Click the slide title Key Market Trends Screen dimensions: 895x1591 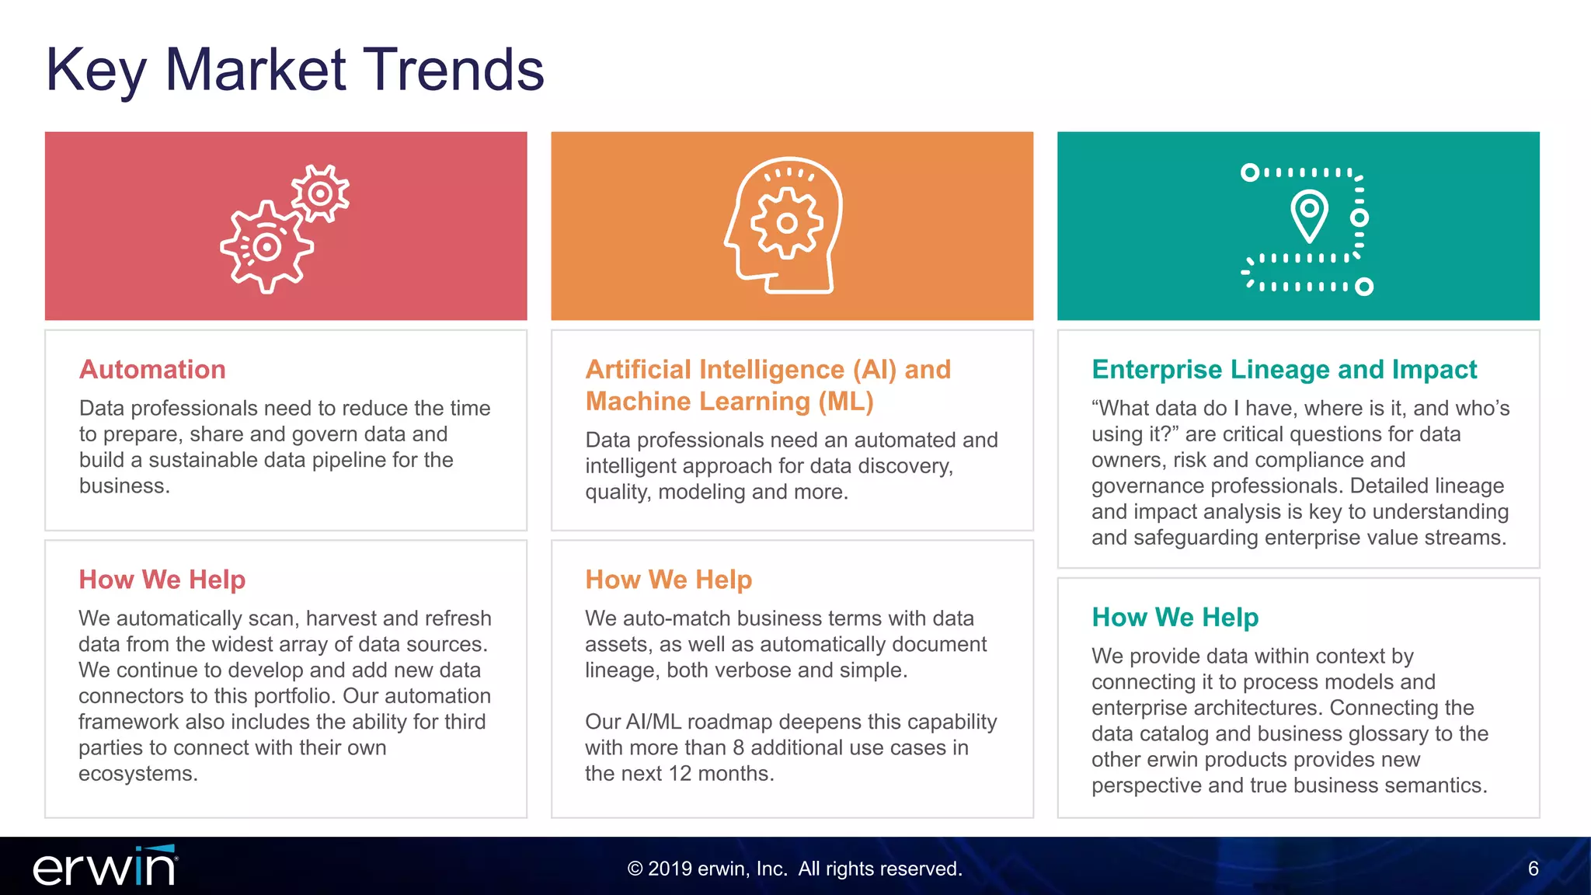point(295,70)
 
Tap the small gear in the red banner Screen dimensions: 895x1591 point(320,193)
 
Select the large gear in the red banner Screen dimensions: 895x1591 point(266,247)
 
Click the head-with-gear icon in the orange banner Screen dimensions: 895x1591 point(785,225)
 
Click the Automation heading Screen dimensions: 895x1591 point(152,369)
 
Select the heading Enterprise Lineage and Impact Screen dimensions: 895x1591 point(1283,369)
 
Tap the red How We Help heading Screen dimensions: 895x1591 point(162,580)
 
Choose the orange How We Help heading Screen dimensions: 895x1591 point(668,580)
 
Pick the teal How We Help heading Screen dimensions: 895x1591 point(1175,617)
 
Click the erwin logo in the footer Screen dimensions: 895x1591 point(105,867)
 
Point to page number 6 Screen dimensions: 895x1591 point(1533,869)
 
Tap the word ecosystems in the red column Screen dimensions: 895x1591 point(138,774)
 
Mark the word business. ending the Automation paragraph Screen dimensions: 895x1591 point(124,486)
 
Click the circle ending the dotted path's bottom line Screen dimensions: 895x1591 point(1364,287)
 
